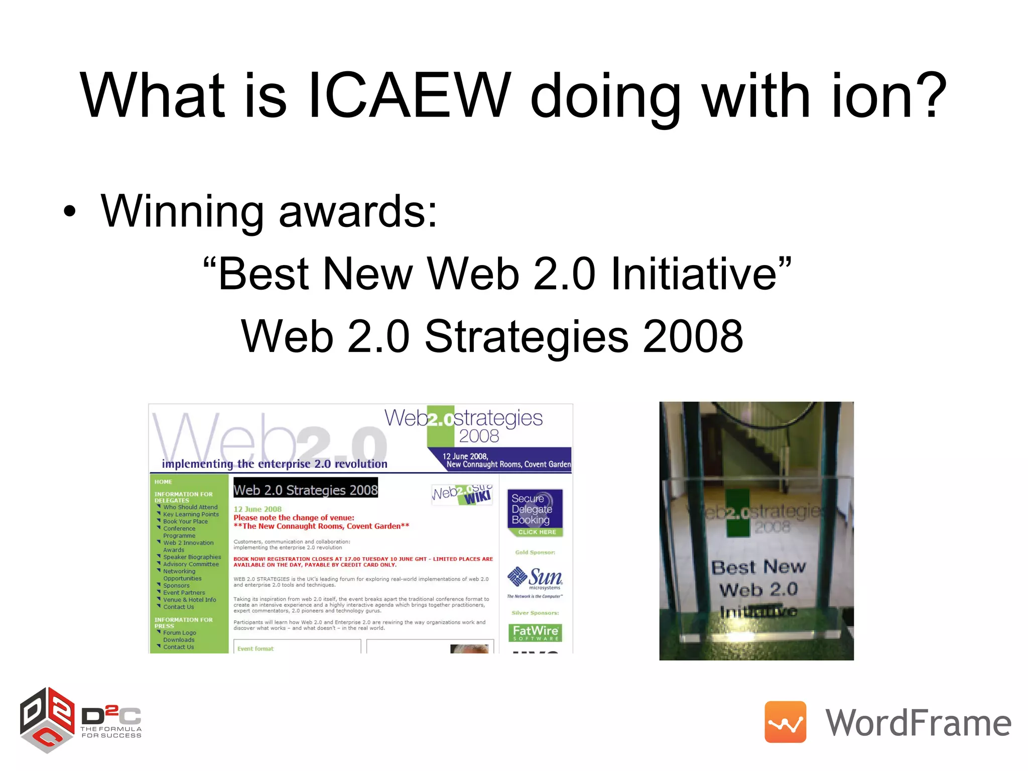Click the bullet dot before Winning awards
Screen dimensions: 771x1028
click(70, 211)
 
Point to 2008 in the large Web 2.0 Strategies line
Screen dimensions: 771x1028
click(693, 336)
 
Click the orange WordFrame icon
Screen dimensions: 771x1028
click(785, 722)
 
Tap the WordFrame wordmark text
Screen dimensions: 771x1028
click(918, 723)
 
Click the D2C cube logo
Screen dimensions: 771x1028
click(47, 720)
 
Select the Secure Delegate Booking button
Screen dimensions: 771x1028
click(535, 512)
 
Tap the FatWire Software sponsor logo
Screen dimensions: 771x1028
click(535, 632)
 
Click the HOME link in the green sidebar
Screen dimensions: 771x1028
click(163, 482)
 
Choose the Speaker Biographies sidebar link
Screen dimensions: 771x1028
click(192, 557)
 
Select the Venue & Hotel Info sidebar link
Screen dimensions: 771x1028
click(189, 600)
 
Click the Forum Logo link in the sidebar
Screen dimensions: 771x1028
click(179, 633)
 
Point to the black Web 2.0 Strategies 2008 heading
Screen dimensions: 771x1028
click(306, 489)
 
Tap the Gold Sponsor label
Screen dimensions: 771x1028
click(535, 553)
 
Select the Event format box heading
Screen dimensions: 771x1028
click(255, 649)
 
